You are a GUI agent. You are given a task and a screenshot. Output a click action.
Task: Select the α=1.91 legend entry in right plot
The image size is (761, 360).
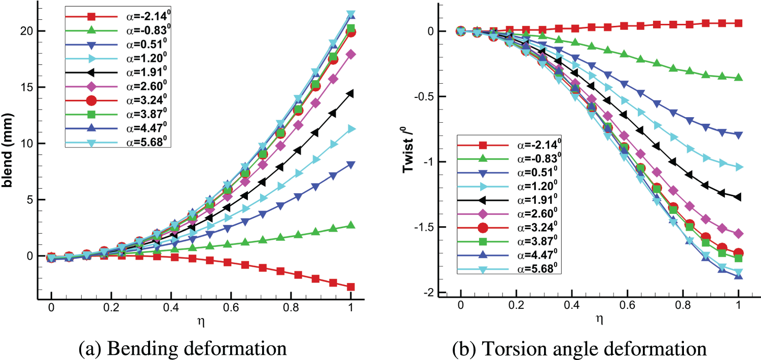coord(506,200)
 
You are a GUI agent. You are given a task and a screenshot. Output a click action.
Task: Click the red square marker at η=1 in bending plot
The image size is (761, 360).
coord(351,287)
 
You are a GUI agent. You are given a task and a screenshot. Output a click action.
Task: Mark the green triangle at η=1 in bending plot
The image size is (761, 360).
coord(351,225)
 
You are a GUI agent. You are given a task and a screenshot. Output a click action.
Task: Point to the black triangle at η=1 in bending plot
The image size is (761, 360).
coord(351,93)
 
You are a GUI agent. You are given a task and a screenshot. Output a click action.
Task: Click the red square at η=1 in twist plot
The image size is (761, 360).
coord(739,23)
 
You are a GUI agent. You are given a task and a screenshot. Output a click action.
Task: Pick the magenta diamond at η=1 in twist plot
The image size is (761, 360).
coord(739,233)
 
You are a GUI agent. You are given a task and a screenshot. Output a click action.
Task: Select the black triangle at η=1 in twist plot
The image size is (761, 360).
coord(739,197)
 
